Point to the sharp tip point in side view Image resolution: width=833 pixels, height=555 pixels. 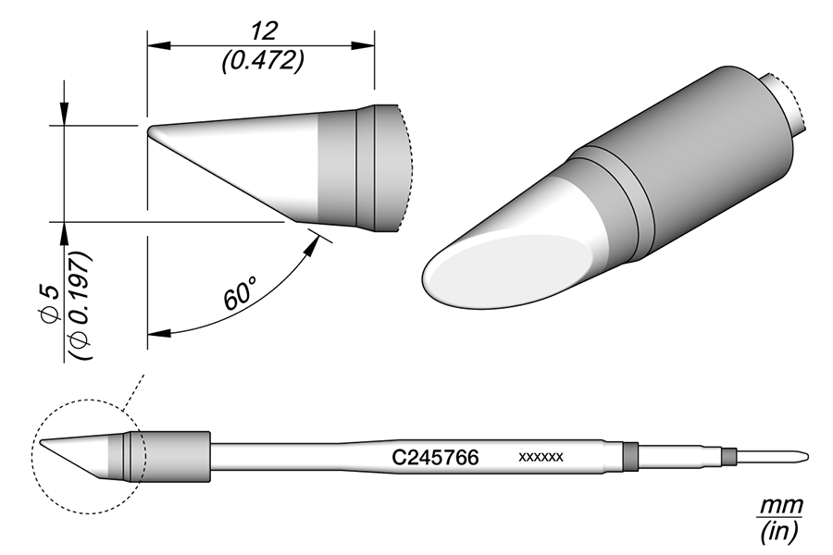(149, 129)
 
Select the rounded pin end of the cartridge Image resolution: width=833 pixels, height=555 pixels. (807, 455)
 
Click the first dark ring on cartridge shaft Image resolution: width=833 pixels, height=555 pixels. (630, 455)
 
